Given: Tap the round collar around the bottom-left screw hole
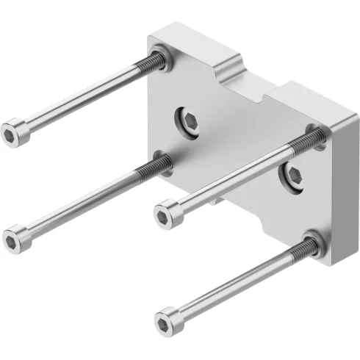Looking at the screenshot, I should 163,162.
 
